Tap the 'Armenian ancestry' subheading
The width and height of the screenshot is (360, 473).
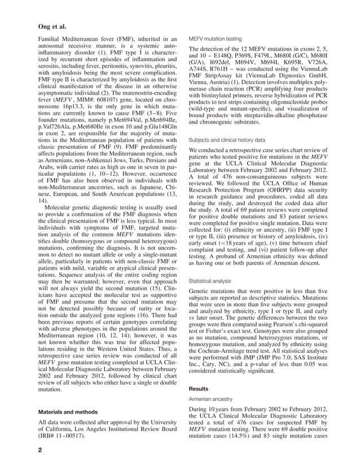[x=212, y=399]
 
